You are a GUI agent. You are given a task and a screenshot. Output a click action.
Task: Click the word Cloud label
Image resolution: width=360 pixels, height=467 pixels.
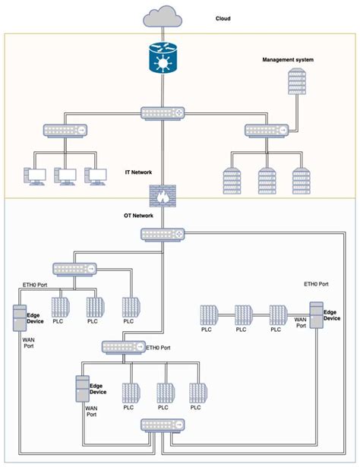[x=224, y=17]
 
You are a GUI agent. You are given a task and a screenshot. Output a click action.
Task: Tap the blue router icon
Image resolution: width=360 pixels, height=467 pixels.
[x=162, y=58]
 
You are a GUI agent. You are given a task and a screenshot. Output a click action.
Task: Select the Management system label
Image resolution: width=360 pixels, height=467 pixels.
[x=287, y=59]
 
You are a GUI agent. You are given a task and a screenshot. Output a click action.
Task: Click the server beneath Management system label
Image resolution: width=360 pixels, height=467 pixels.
[x=297, y=83]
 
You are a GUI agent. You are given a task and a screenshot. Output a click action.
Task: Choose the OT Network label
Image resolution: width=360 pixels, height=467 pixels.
[x=137, y=216]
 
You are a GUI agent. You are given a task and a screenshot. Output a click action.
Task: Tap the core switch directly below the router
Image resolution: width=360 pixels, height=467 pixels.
[x=162, y=114]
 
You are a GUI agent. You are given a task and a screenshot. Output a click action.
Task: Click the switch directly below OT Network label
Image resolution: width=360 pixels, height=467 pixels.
[x=162, y=234]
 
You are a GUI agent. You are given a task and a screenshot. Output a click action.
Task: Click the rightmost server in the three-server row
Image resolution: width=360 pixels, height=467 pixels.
[x=302, y=180]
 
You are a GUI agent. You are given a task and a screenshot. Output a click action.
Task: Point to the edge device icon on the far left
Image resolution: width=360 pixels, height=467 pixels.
[x=19, y=318]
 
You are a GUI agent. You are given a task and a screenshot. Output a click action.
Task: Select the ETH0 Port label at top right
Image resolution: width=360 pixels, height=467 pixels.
[x=316, y=283]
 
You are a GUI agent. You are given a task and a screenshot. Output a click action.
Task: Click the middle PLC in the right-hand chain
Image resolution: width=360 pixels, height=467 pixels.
[x=242, y=315]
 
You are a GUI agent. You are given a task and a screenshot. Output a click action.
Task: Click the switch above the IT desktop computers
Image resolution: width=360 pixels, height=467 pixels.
[x=65, y=130]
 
